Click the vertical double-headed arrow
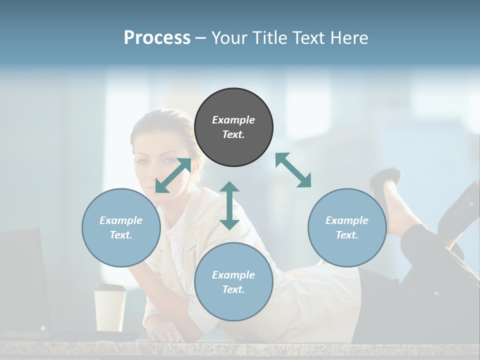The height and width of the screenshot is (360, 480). point(229,205)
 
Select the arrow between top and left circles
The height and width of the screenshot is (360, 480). point(173,175)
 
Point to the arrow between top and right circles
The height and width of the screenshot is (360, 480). point(293,170)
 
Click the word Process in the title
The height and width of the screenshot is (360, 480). point(157,37)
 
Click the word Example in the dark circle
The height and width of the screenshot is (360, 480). point(233,120)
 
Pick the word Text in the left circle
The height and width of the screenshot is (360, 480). point(121,235)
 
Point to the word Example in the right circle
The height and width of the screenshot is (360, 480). point(347,220)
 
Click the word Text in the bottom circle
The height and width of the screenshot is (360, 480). point(233,289)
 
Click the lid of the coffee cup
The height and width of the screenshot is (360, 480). point(110,287)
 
